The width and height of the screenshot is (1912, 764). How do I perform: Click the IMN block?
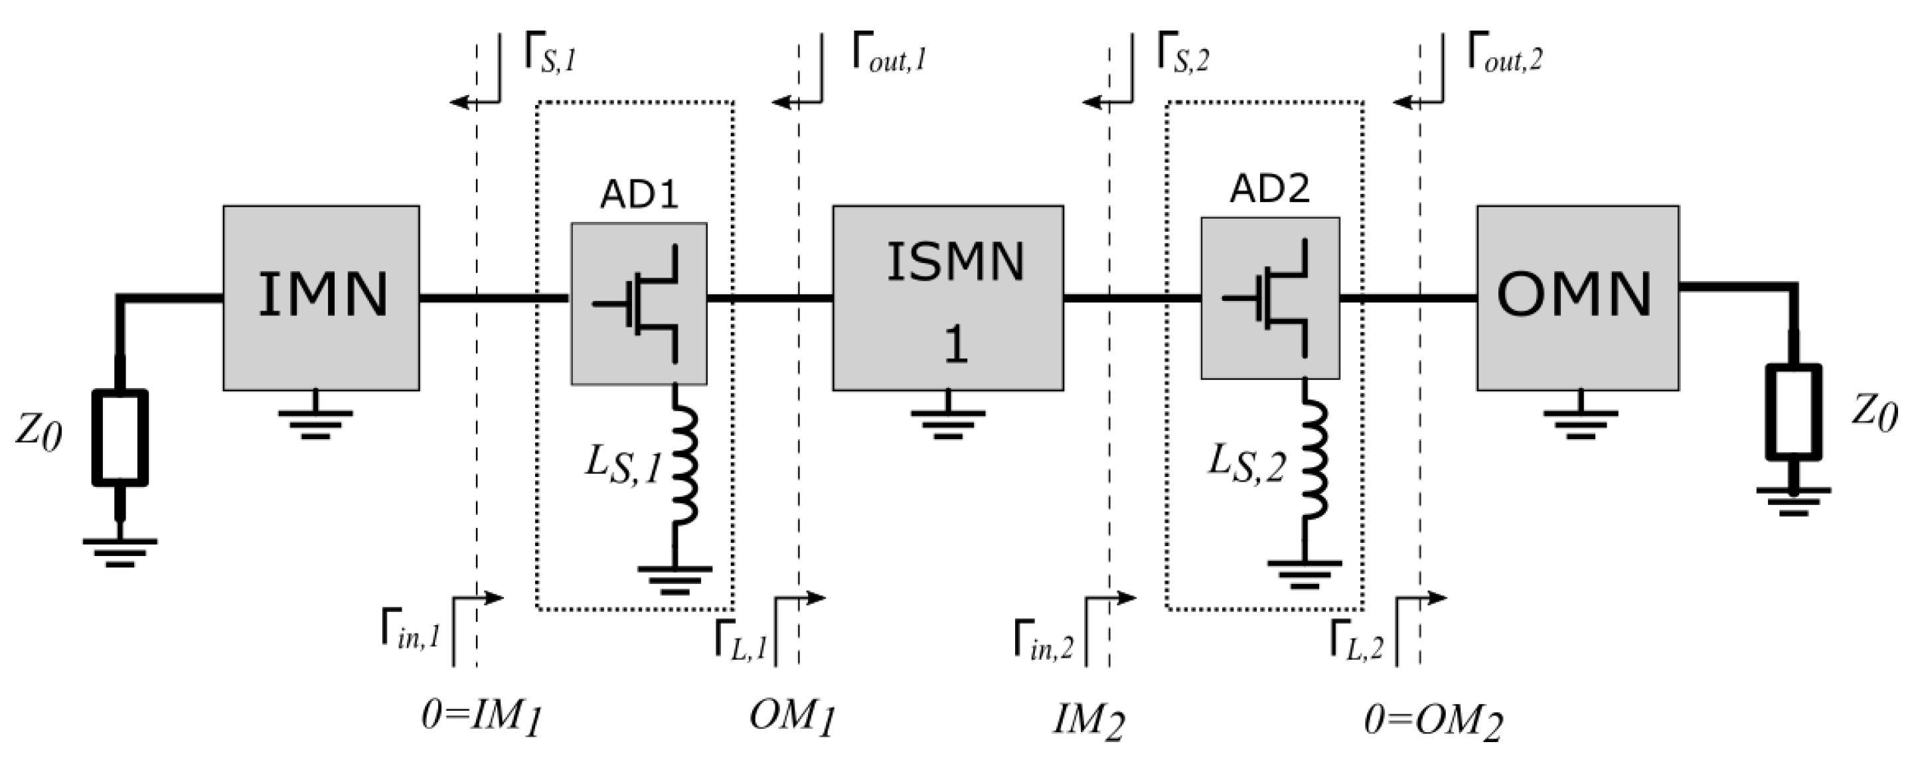(321, 298)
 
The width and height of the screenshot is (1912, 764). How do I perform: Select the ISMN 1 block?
(948, 298)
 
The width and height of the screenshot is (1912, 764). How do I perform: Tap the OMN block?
(1578, 298)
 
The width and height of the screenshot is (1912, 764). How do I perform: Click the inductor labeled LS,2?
(1314, 460)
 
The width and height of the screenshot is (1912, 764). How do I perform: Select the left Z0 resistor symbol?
(120, 438)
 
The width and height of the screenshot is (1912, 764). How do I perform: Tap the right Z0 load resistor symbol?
(1792, 412)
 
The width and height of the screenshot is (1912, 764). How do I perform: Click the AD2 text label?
(1269, 189)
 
